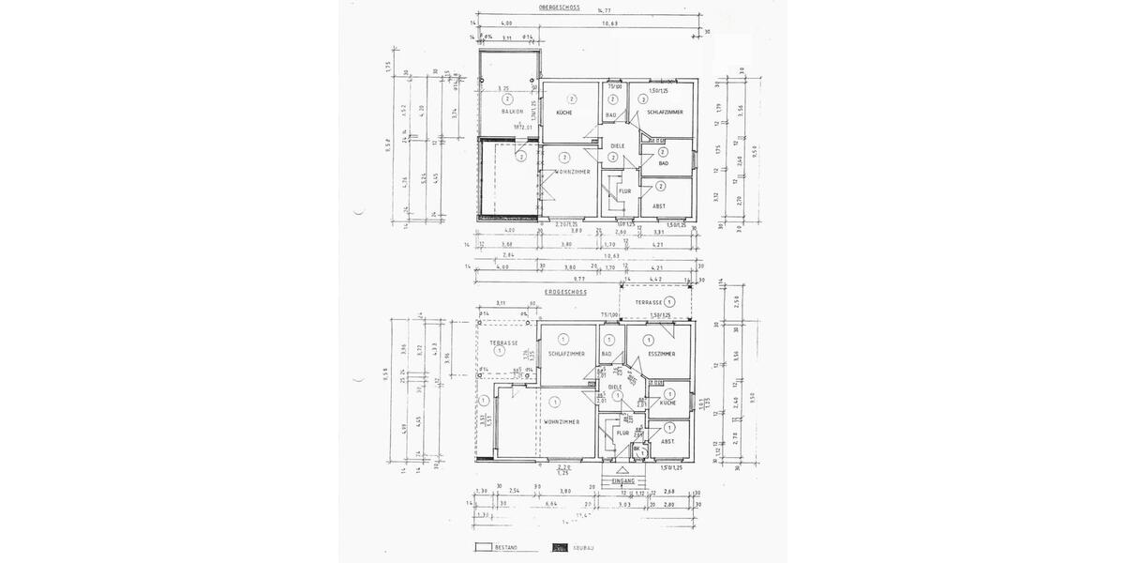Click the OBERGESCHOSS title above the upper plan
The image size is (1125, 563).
click(560, 8)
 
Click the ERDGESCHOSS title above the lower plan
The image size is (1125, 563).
click(564, 292)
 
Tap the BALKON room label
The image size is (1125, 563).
click(512, 112)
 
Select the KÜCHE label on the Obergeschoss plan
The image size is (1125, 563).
click(564, 113)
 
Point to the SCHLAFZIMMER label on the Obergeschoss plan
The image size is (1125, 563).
click(665, 113)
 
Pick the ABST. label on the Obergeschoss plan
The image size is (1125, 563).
click(660, 205)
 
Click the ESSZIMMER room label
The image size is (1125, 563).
click(661, 354)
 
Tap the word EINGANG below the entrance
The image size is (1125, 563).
click(623, 481)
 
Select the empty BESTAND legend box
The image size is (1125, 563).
click(484, 546)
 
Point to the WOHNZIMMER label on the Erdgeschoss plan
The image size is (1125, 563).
click(562, 422)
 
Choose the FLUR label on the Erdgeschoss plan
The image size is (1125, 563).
click(622, 433)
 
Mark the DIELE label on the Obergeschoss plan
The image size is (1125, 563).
click(617, 146)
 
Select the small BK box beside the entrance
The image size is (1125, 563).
click(637, 450)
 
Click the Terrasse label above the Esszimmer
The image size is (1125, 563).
click(648, 303)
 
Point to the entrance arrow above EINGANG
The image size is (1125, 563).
click(623, 470)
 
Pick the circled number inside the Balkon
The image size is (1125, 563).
click(507, 98)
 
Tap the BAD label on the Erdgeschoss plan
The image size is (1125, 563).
click(607, 354)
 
